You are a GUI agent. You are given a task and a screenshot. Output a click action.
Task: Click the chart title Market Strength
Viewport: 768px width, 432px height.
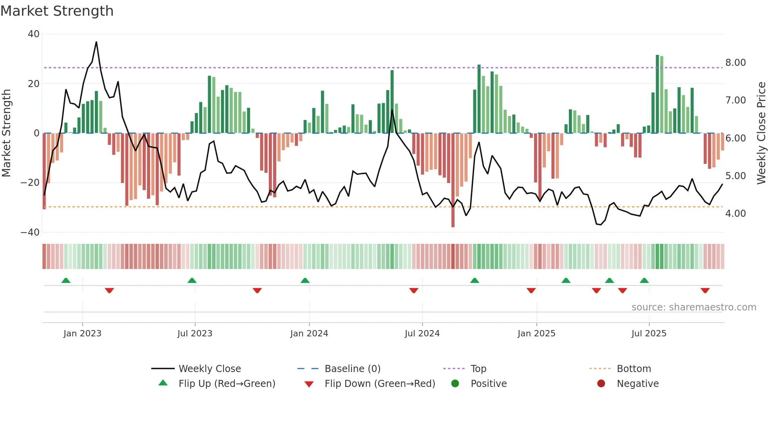57,11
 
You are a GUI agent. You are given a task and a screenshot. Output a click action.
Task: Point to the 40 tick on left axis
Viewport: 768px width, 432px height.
34,34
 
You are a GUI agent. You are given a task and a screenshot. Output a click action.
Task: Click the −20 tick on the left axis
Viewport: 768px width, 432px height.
30,183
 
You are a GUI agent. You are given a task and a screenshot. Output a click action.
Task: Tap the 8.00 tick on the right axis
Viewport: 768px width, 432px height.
735,63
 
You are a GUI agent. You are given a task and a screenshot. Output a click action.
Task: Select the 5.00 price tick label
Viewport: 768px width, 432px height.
735,176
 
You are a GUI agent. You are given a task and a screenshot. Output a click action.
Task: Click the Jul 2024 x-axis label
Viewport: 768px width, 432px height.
422,334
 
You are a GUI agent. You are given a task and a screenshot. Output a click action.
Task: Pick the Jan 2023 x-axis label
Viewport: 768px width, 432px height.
82,334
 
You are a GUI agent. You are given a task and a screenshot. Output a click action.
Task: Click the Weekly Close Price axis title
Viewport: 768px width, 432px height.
761,133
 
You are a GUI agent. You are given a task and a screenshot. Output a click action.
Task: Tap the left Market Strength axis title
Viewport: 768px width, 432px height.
7,133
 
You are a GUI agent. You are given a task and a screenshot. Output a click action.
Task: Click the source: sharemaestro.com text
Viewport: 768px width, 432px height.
694,307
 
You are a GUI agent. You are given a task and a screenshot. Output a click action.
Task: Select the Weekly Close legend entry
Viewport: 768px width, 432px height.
210,369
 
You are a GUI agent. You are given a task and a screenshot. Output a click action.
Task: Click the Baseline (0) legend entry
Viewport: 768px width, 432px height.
352,369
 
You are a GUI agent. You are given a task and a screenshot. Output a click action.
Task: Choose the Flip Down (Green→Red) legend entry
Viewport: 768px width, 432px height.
380,384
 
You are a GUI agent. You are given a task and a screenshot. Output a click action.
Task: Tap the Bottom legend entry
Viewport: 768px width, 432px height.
634,369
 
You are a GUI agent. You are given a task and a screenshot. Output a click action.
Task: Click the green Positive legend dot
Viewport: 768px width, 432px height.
455,384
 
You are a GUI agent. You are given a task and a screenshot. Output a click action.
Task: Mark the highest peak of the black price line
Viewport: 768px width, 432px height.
96,42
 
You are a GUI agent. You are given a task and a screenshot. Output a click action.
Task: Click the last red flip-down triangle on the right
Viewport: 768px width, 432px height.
705,290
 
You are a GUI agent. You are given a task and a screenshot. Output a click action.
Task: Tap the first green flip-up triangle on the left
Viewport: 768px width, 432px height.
66,280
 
